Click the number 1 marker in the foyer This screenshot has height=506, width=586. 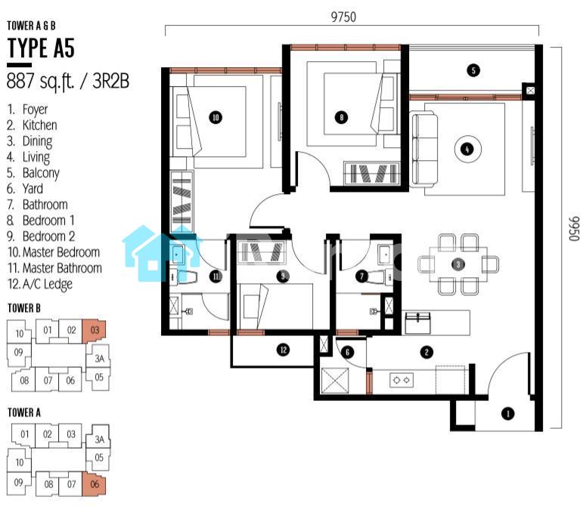pos(507,413)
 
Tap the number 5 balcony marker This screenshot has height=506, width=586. pos(473,70)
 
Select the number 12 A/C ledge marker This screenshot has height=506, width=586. pos(284,350)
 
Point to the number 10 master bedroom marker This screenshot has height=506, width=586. pos(215,118)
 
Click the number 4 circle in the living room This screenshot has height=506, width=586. pos(467,150)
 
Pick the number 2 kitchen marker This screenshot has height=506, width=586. pos(426,352)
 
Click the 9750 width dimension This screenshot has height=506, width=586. pos(343,17)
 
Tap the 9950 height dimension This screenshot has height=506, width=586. pos(574,229)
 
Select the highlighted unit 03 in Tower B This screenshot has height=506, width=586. pos(95,331)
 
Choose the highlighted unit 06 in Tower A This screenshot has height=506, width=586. pos(95,484)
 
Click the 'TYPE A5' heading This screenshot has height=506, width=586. pos(41,48)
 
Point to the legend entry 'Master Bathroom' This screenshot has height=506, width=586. pos(62,268)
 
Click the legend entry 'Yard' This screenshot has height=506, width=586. pos(33,189)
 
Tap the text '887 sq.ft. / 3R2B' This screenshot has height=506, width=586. pos(68,82)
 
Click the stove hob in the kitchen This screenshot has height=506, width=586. pos(402,380)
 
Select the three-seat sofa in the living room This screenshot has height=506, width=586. pos(424,150)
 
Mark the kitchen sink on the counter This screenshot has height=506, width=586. pos(417,322)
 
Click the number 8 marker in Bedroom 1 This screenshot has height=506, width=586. pos(341,117)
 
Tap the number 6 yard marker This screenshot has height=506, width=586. pos(347,352)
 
